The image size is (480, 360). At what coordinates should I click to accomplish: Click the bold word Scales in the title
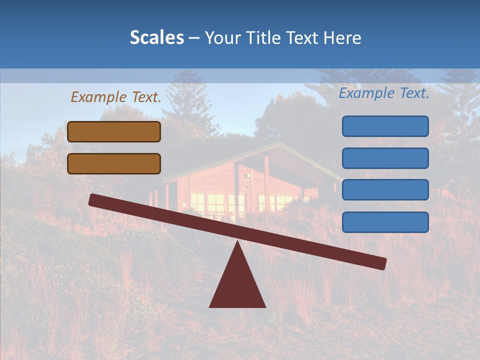(156, 38)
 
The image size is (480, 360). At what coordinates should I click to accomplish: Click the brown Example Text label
(116, 97)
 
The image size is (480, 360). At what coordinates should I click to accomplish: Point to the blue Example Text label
(384, 93)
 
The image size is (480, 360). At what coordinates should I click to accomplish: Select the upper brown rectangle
(114, 131)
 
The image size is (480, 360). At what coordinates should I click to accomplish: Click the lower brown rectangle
(114, 163)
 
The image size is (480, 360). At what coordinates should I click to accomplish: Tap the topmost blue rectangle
(385, 126)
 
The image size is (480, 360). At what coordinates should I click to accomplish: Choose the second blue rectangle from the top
(385, 158)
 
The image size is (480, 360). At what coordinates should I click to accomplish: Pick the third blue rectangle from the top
(385, 190)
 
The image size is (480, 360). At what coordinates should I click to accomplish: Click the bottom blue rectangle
(385, 222)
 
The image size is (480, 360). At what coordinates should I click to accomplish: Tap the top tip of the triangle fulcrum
(237, 243)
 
